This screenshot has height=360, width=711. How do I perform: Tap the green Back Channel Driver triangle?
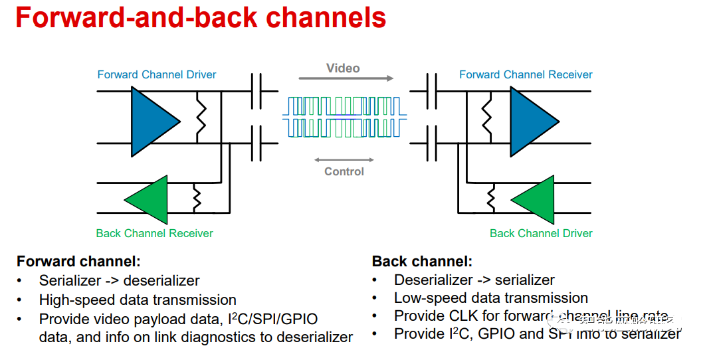(536, 199)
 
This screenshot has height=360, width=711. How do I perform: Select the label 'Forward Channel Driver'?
(157, 74)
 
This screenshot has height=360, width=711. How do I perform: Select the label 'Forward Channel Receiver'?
(526, 74)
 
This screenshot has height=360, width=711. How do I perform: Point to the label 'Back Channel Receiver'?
(154, 233)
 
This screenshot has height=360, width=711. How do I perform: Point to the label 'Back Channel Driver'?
(541, 233)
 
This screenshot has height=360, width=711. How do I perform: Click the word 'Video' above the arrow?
(343, 68)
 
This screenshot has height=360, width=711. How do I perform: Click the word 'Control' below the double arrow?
(344, 171)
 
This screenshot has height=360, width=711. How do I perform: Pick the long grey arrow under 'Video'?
(346, 78)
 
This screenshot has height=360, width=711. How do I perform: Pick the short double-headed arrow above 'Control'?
(344, 160)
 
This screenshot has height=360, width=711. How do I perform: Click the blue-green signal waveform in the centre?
(344, 118)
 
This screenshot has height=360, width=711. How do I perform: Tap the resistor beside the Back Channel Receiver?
(197, 198)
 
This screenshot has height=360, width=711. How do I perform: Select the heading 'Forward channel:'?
(78, 262)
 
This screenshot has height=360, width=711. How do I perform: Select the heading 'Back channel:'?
(422, 262)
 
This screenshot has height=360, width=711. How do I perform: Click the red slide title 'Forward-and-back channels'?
(201, 18)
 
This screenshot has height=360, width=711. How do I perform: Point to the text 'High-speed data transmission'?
(138, 300)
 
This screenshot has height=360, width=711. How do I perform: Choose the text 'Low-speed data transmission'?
(491, 298)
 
